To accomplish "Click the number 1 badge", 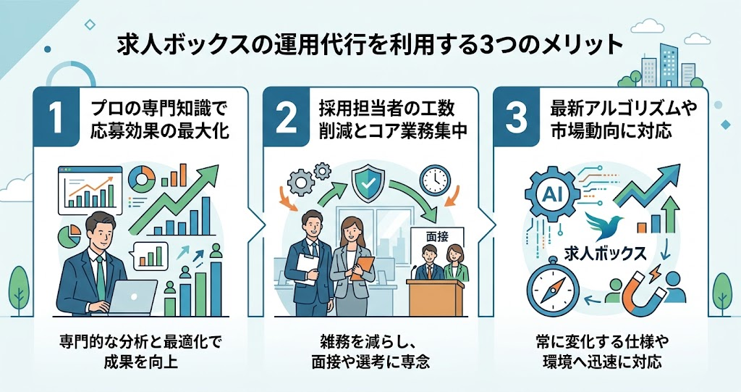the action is click(x=56, y=117).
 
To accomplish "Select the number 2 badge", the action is click(x=286, y=117).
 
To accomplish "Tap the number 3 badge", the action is click(x=516, y=117).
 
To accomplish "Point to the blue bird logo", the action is click(x=604, y=226).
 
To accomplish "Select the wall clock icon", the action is click(x=435, y=180).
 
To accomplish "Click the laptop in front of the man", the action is click(x=128, y=297).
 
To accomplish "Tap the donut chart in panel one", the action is click(x=142, y=180).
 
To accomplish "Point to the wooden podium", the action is click(x=436, y=297).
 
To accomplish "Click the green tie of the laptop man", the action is click(x=100, y=278).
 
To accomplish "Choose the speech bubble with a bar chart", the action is click(x=151, y=256).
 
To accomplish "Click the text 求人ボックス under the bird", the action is click(x=605, y=254).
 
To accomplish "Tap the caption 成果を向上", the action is click(x=141, y=362).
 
